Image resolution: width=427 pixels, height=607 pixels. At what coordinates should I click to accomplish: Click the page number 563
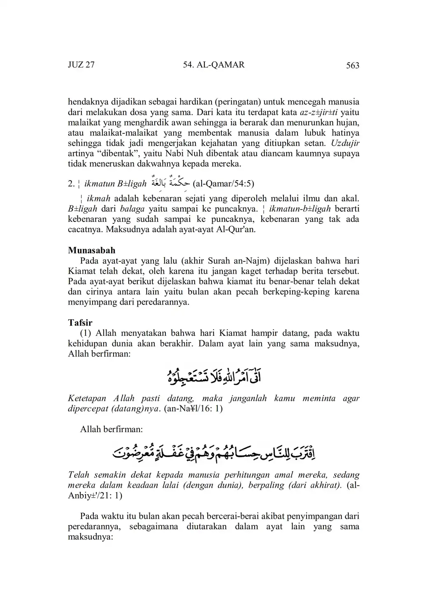353,65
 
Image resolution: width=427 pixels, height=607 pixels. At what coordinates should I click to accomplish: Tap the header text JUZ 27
81,65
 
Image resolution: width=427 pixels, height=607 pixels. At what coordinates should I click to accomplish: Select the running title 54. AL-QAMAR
213,65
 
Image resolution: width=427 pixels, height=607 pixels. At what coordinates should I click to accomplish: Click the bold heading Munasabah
91,251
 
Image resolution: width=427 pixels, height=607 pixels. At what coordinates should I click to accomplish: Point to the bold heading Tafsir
80,323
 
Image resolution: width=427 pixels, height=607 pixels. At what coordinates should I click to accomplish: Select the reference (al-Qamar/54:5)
223,184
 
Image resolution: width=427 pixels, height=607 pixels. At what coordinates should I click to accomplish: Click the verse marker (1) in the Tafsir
86,333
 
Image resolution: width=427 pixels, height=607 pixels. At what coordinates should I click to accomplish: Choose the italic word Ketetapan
87,398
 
